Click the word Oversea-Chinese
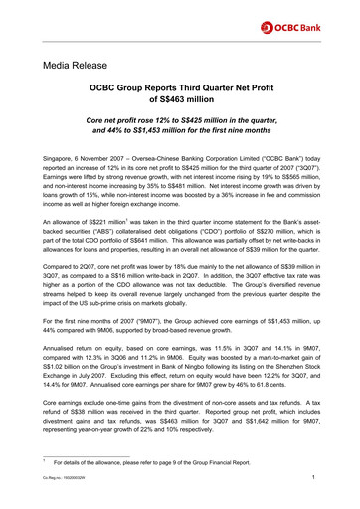[x=160, y=158]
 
